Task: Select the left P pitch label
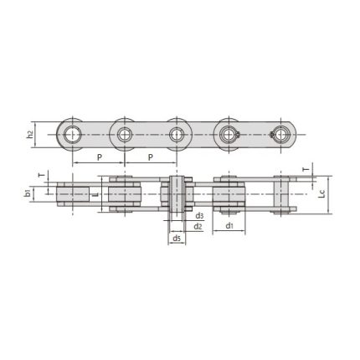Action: [99, 157]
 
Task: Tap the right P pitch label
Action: [152, 157]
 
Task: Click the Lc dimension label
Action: [321, 193]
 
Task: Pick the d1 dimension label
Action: [228, 226]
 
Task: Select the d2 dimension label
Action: [198, 226]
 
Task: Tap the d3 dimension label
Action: [198, 217]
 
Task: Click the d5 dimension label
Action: [177, 239]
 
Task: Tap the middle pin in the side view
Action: [177, 133]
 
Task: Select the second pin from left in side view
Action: [125, 133]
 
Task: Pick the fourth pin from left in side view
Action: [229, 133]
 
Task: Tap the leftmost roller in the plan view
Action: [73, 193]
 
